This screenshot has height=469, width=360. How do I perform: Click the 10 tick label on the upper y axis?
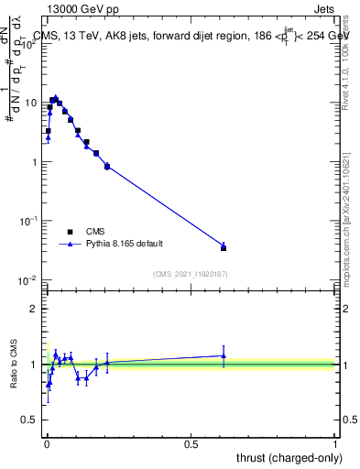tap(33, 103)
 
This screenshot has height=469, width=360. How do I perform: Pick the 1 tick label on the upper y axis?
tap(36, 162)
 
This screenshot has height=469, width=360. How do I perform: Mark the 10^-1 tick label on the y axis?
tap(31, 221)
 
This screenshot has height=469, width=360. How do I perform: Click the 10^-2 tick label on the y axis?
tap(31, 280)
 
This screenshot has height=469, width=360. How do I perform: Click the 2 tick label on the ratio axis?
tap(36, 309)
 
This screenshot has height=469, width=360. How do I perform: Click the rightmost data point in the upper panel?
tap(224, 247)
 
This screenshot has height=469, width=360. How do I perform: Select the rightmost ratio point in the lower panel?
tap(224, 355)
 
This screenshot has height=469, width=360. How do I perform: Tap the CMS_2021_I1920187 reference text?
tap(191, 274)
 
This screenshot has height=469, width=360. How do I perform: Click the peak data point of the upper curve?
tap(55, 98)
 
